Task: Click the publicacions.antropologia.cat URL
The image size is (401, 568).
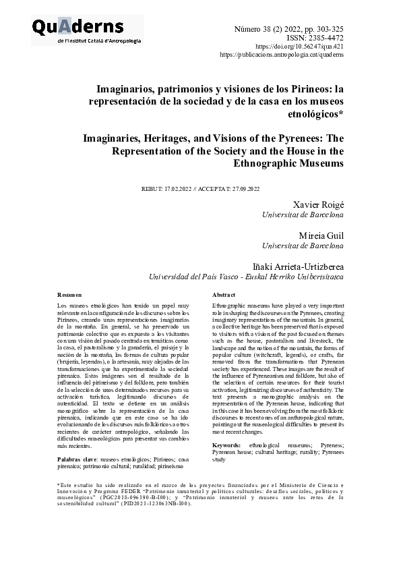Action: coord(282,54)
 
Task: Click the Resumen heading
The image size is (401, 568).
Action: coord(69,295)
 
